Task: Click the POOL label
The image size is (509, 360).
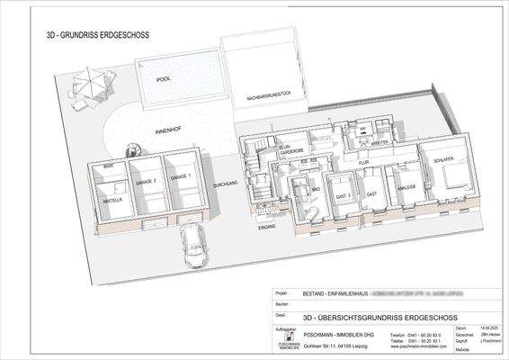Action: (x=163, y=79)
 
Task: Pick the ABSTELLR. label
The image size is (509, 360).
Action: (x=111, y=200)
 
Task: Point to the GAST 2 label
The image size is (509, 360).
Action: (x=340, y=194)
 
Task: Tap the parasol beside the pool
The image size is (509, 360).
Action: (x=89, y=82)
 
